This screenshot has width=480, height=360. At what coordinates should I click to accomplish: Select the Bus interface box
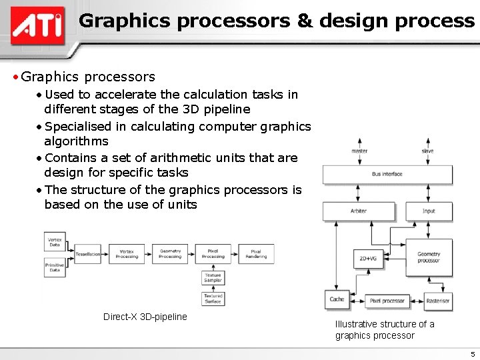[x=387, y=175]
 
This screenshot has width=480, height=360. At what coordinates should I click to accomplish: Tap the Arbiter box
[x=359, y=211]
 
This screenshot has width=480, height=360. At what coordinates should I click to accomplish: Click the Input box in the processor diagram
[x=429, y=211]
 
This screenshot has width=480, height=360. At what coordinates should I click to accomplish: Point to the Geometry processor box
[x=429, y=257]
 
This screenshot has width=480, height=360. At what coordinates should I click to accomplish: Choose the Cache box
[x=337, y=300]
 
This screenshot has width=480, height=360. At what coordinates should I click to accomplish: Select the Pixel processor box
[x=387, y=301]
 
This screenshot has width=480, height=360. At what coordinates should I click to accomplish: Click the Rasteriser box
[x=438, y=301]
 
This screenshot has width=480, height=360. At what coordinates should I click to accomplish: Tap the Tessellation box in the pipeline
[x=88, y=254]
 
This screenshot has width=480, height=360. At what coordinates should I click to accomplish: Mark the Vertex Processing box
[x=127, y=254]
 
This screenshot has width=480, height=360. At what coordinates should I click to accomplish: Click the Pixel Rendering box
[x=256, y=254]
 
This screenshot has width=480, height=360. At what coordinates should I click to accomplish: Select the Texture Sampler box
[x=213, y=277]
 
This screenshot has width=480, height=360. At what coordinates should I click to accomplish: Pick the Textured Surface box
[x=213, y=298]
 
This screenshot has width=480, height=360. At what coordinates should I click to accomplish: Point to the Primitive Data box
[x=55, y=267]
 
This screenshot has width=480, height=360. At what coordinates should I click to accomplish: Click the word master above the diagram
[x=359, y=151]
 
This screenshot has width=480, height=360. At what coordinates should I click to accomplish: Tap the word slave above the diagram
[x=427, y=151]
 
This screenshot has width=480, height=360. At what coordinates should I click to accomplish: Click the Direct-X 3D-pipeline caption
[x=145, y=317]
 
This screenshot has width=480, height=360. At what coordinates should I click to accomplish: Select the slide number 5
[x=473, y=355]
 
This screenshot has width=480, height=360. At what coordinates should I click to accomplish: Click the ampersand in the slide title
[x=305, y=21]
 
